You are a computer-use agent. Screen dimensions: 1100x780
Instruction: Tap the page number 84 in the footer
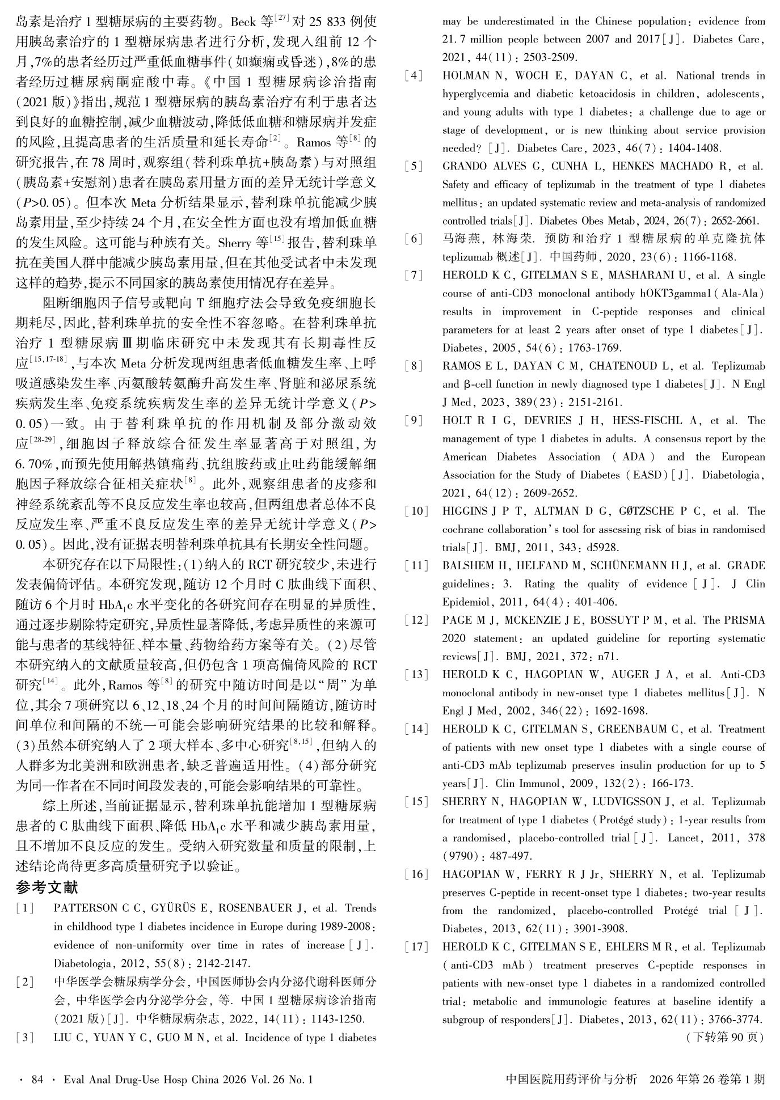(x=37, y=1079)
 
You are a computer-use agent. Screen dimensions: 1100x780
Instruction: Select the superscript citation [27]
(x=282, y=19)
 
